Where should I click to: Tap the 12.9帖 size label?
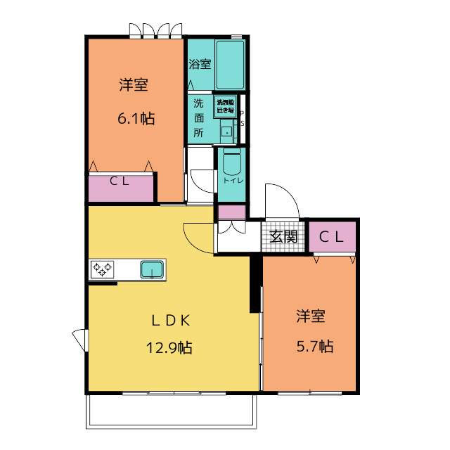coord(169,347)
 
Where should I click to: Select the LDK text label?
coord(169,320)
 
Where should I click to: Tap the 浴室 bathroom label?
coord(200,64)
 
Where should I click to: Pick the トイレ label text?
coord(233,181)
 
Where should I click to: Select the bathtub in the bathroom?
coord(229,63)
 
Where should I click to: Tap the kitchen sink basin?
coord(151,269)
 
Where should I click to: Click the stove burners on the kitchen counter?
coord(102,269)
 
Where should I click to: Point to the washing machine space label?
coord(225,105)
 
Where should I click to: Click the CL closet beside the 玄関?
coord(332,236)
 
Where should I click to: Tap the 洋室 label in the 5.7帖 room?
coord(310,316)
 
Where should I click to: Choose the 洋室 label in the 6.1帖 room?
coord(133,85)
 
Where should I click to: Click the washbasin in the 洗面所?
coord(227,131)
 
